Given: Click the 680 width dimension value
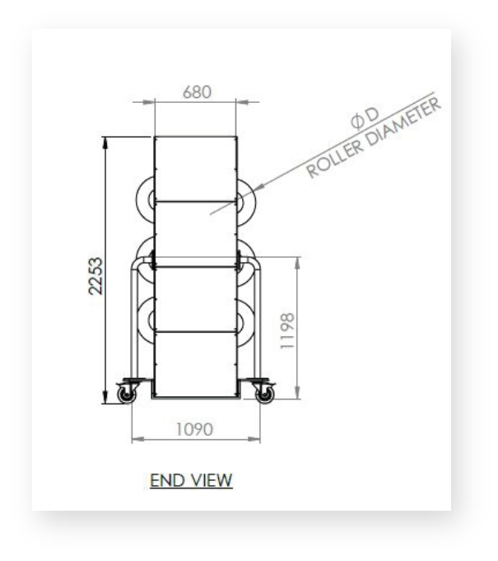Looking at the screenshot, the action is (x=197, y=92).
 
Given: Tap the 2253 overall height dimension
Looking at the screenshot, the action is (x=95, y=276).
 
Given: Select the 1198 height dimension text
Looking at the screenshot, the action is (x=287, y=331).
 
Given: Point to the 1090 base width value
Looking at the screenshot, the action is (x=195, y=429).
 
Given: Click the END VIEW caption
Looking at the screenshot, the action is (x=191, y=480).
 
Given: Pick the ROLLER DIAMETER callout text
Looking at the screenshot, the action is (x=374, y=138).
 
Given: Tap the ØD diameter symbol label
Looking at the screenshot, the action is (x=365, y=118).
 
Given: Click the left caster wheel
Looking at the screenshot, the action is (x=127, y=395).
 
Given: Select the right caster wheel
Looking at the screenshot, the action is (x=265, y=395).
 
